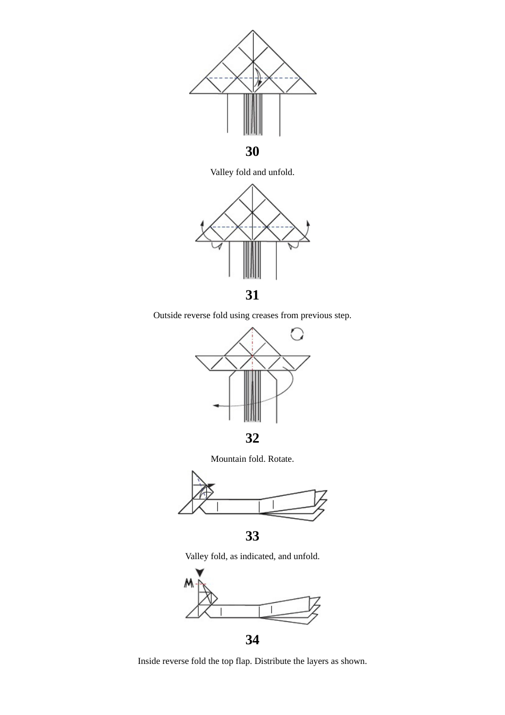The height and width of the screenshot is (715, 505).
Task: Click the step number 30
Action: pos(252,152)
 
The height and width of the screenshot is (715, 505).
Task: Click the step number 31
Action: pos(252,295)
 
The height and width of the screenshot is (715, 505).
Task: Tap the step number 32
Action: pos(252,438)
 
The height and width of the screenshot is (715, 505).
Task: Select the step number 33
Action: pos(252,536)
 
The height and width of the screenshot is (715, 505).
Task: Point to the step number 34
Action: pos(252,640)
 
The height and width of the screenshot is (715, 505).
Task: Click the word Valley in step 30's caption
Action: pos(222,172)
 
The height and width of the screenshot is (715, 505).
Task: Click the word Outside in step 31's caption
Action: pos(167,315)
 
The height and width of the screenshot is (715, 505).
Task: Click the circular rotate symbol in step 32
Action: pos(297,334)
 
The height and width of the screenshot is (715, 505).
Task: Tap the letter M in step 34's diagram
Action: pos(189,584)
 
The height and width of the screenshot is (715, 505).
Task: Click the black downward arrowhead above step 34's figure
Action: pos(199,573)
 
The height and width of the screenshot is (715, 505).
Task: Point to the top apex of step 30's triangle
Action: pos(253,30)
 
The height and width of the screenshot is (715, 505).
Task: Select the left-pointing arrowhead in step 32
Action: pos(216,406)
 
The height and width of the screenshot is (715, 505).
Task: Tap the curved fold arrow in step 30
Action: pos(258,77)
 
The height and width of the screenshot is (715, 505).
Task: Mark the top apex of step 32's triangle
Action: pos(252,328)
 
